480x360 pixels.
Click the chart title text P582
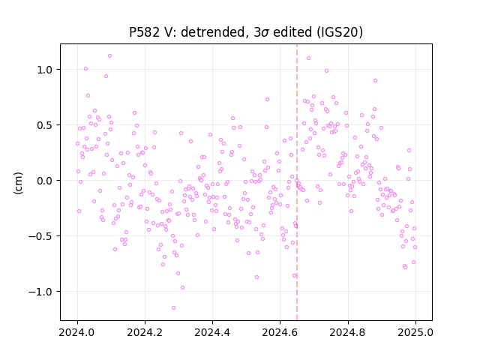click(144, 32)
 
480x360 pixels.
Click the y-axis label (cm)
click(18, 183)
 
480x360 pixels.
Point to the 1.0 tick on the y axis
click(45, 70)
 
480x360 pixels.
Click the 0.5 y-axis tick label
click(45, 125)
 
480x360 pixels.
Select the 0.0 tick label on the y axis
click(45, 181)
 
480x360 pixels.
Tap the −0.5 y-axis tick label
click(40, 236)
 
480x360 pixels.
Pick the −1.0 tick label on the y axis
click(40, 292)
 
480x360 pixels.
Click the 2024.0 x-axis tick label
click(77, 332)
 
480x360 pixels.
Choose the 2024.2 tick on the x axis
click(145, 332)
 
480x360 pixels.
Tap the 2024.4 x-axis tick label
click(212, 332)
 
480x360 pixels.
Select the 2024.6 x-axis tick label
click(280, 332)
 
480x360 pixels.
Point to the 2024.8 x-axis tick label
click(348, 332)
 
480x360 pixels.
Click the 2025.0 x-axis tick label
click(415, 332)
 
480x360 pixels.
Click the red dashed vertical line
click(297, 182)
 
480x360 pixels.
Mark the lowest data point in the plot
click(173, 307)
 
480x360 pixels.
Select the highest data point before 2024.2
click(110, 56)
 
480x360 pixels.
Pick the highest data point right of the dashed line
click(308, 58)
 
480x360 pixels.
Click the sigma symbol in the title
click(266, 33)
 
